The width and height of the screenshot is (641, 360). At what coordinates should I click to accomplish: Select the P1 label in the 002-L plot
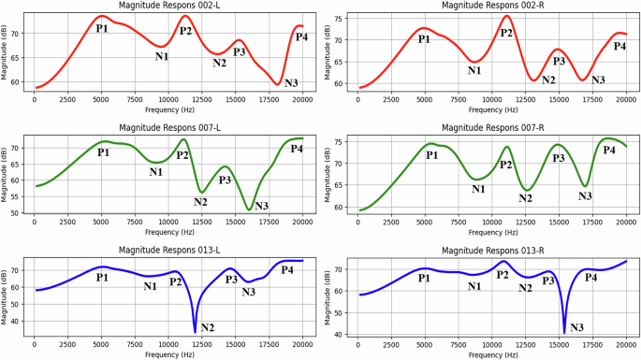pos(102,29)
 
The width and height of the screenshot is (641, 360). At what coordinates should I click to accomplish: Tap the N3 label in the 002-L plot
pos(291,84)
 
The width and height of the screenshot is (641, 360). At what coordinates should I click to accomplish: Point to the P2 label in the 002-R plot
pos(506,33)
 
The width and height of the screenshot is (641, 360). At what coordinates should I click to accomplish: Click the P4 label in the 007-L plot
pos(297,149)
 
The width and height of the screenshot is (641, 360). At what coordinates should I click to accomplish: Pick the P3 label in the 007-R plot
pos(559,158)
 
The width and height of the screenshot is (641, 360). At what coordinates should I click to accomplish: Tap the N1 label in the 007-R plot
pos(478,189)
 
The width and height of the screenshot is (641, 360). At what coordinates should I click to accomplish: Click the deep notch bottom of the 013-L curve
pos(195,331)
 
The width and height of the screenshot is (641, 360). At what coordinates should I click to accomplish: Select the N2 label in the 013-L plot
pos(207,327)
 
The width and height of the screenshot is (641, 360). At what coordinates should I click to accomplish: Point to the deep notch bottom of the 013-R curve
pos(564,332)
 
